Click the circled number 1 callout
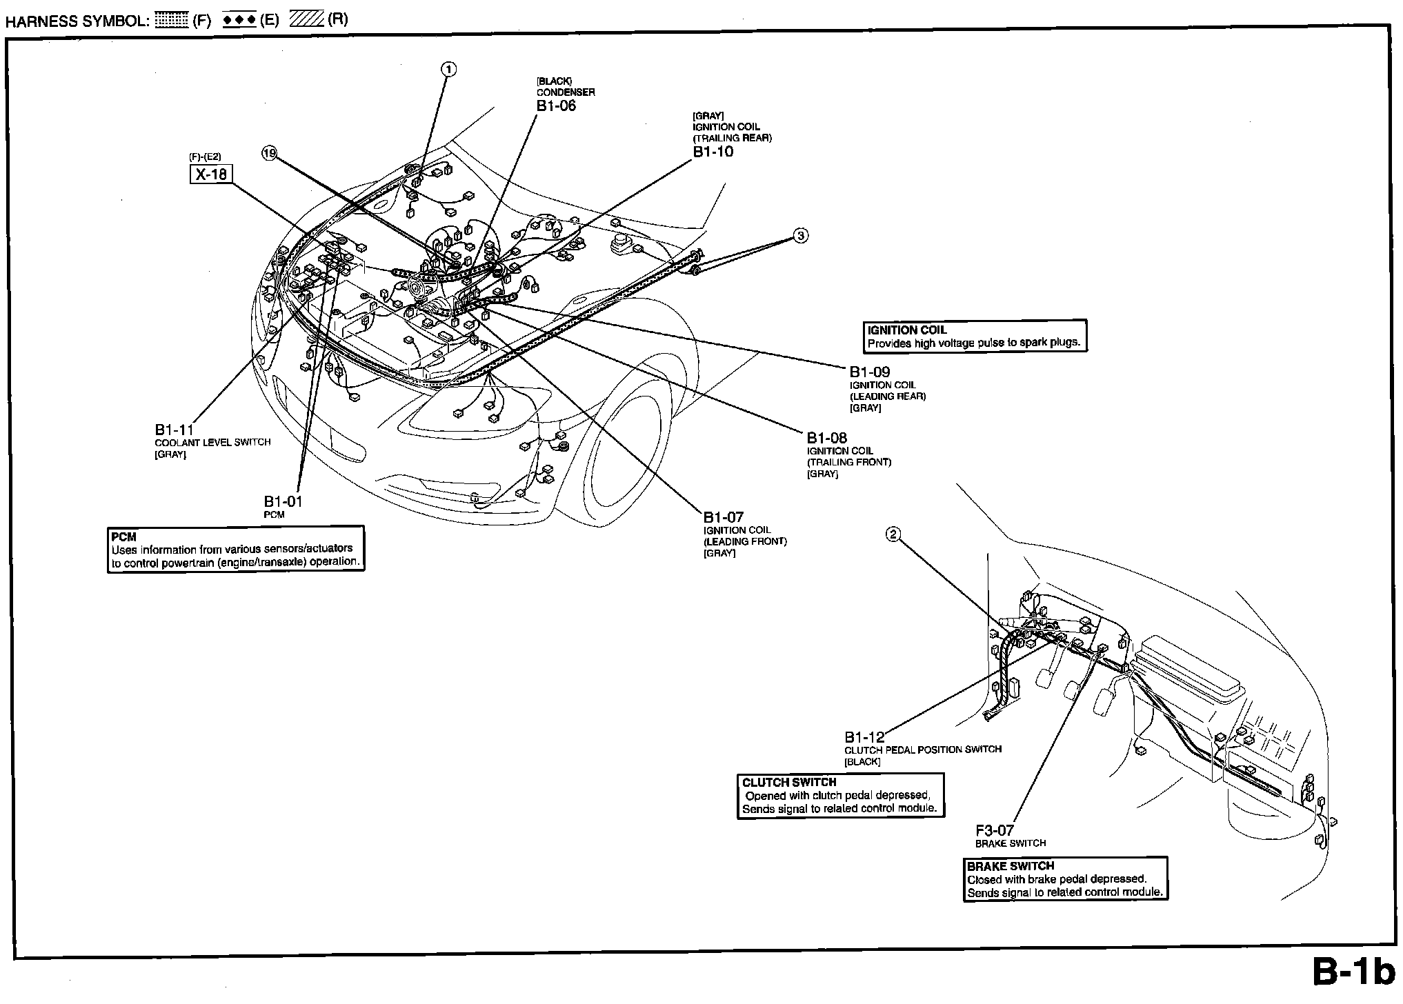pos(449,69)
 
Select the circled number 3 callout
pos(800,236)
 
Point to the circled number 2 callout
pos(893,534)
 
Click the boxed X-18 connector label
pos(211,174)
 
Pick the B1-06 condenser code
pos(556,106)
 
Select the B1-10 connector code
pos(713,152)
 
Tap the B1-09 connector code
pos(869,372)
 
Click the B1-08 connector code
pos(827,438)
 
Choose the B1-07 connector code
pos(724,517)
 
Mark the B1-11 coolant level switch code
pos(175,430)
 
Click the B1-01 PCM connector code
pos(283,502)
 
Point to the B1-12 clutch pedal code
pos(864,737)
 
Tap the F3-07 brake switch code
pos(995,831)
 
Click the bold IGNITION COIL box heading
pos(907,330)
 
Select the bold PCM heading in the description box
pos(123,537)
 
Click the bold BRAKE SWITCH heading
pos(1011,866)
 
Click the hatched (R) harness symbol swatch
pos(306,20)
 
